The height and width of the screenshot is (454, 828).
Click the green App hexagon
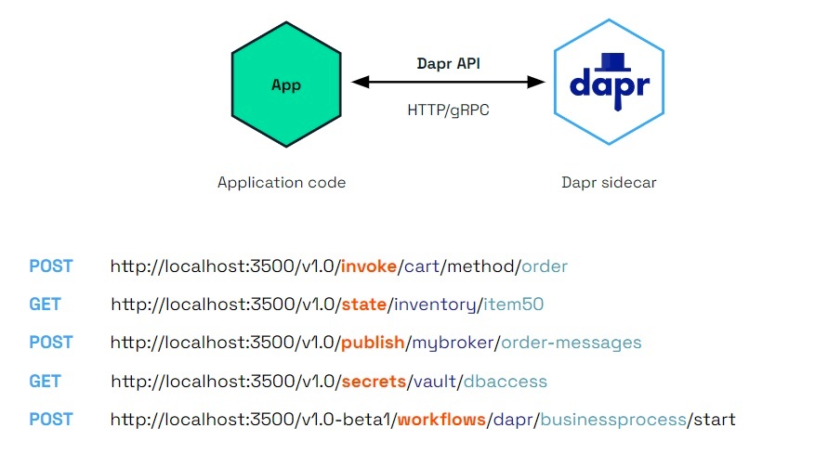click(286, 84)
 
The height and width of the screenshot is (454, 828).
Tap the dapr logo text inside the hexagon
click(610, 87)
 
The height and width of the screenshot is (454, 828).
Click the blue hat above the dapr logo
click(612, 61)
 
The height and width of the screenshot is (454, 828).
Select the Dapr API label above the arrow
click(448, 63)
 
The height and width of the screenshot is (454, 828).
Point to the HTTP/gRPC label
click(448, 110)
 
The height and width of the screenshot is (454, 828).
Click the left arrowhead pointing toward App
click(361, 82)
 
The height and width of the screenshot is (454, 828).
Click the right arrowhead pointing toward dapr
click(536, 82)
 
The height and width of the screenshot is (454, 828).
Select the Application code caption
click(282, 183)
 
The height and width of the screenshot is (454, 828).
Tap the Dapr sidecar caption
click(609, 183)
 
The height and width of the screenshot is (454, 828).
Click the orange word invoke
click(369, 266)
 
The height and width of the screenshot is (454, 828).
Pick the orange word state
click(364, 305)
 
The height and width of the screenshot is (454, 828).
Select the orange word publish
click(373, 343)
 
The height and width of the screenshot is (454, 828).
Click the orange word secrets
click(374, 382)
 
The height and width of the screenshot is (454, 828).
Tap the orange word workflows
click(441, 420)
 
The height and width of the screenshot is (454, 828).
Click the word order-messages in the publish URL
click(572, 343)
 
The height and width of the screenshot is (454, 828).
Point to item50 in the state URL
click(513, 305)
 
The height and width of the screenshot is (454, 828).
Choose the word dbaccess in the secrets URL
click(506, 382)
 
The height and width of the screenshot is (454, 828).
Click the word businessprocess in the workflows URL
click(613, 421)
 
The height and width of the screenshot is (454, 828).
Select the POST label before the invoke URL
click(51, 266)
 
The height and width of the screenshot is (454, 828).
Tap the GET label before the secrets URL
click(45, 382)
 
